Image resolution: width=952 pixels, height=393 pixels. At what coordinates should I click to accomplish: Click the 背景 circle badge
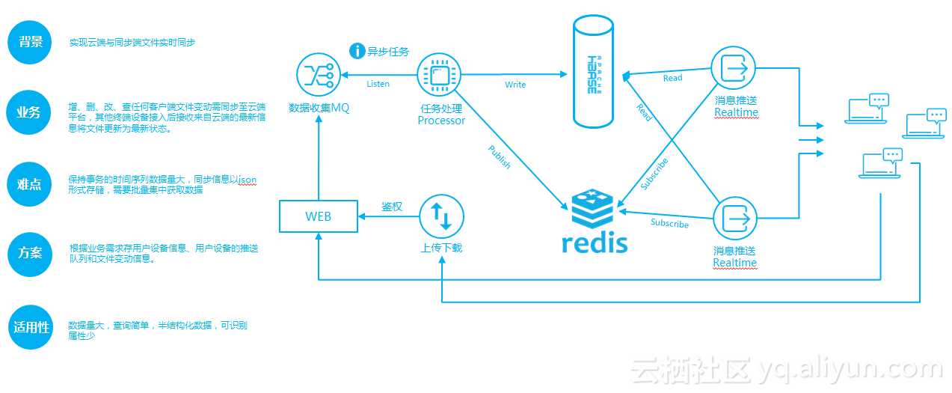click(31, 42)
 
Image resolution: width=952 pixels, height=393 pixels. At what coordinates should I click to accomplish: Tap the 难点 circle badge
click(30, 183)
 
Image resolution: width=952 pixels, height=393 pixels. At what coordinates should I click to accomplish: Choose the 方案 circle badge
click(31, 253)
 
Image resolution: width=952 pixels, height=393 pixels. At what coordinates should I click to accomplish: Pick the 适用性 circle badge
click(31, 327)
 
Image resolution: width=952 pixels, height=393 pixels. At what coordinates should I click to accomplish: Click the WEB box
click(318, 216)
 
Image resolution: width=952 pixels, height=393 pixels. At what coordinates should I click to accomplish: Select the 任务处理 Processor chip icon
click(438, 74)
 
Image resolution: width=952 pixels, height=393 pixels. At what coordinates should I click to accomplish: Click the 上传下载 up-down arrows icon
click(441, 216)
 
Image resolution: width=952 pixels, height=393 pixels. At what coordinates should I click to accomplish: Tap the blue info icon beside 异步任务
click(357, 51)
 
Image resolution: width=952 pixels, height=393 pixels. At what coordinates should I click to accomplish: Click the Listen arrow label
click(378, 84)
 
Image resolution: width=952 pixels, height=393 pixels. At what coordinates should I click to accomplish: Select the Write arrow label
click(515, 85)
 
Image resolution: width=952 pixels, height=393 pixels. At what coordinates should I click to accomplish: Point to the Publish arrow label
click(499, 156)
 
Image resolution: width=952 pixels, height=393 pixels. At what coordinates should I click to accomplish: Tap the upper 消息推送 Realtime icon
click(734, 69)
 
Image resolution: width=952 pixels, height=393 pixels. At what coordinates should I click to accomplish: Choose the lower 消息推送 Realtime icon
click(734, 219)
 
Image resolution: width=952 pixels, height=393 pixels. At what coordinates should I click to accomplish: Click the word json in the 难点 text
click(247, 180)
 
